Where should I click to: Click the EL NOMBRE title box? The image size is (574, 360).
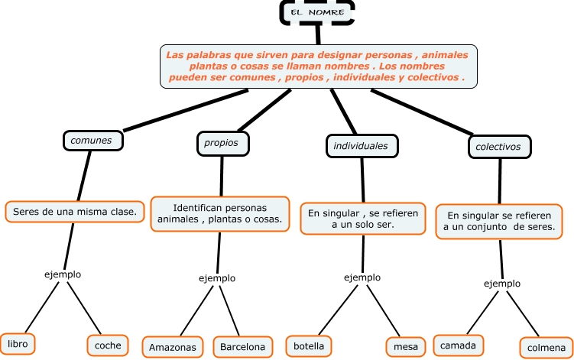click(x=317, y=12)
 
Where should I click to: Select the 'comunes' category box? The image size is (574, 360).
click(x=92, y=141)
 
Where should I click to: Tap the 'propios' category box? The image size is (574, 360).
click(x=222, y=143)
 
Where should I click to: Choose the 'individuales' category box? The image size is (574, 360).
click(x=361, y=145)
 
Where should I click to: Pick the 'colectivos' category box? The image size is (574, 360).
click(x=498, y=146)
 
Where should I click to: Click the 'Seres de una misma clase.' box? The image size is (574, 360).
click(x=75, y=211)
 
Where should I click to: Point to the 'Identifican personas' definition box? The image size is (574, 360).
click(x=219, y=213)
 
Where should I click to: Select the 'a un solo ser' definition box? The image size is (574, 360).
click(x=363, y=219)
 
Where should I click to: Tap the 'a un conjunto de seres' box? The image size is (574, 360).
click(x=501, y=222)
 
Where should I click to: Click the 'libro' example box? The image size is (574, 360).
click(x=18, y=345)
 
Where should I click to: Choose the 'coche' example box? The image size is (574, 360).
click(x=108, y=345)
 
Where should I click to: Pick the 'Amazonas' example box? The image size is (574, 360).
click(x=173, y=347)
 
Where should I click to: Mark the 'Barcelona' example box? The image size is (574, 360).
click(x=242, y=347)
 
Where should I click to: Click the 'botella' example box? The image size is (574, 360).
click(x=309, y=346)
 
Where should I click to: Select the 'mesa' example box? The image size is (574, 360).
click(x=405, y=347)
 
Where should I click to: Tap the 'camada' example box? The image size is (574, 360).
click(x=459, y=345)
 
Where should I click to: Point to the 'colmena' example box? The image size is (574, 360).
click(x=546, y=348)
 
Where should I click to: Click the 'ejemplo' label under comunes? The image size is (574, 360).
click(x=63, y=274)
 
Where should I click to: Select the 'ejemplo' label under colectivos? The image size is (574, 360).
click(x=502, y=284)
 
